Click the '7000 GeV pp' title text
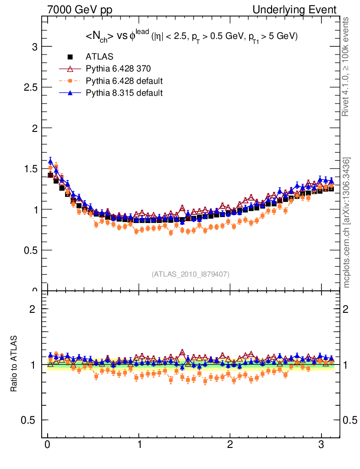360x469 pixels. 80,10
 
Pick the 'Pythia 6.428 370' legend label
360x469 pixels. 118,69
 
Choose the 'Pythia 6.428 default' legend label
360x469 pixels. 124,81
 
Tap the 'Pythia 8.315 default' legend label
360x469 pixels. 124,93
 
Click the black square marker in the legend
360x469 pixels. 70,57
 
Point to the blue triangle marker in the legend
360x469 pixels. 70,93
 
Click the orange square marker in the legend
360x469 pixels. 70,81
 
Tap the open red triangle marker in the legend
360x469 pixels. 70,69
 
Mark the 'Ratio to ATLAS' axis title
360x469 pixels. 15,363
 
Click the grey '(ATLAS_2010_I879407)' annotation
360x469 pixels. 191,274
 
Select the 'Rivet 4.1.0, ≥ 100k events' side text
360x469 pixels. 347,66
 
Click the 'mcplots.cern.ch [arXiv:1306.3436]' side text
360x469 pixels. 347,222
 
